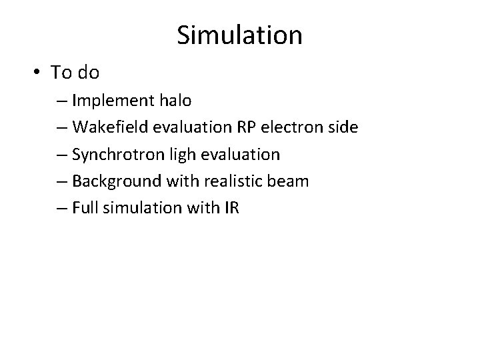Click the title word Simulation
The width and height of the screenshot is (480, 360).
pyautogui.click(x=239, y=35)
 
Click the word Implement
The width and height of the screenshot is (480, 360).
pyautogui.click(x=115, y=101)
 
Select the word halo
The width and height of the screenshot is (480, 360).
pyautogui.click(x=175, y=101)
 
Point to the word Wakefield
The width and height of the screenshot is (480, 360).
pyautogui.click(x=105, y=127)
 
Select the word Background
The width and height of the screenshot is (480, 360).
pyautogui.click(x=113, y=181)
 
